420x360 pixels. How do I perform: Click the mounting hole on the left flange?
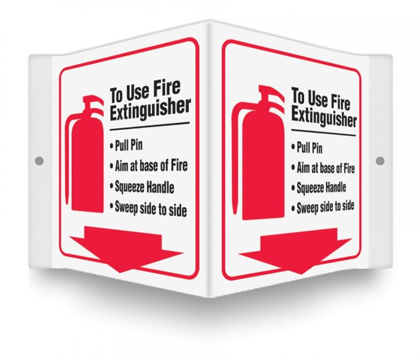point(39,161)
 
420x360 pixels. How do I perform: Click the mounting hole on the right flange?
point(380,161)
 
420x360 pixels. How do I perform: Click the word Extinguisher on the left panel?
point(150,109)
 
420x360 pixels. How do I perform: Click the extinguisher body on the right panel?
point(264,165)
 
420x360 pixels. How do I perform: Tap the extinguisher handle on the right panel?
point(271,94)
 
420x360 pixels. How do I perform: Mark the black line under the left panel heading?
point(150,126)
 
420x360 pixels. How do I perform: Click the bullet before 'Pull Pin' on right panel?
point(293,147)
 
